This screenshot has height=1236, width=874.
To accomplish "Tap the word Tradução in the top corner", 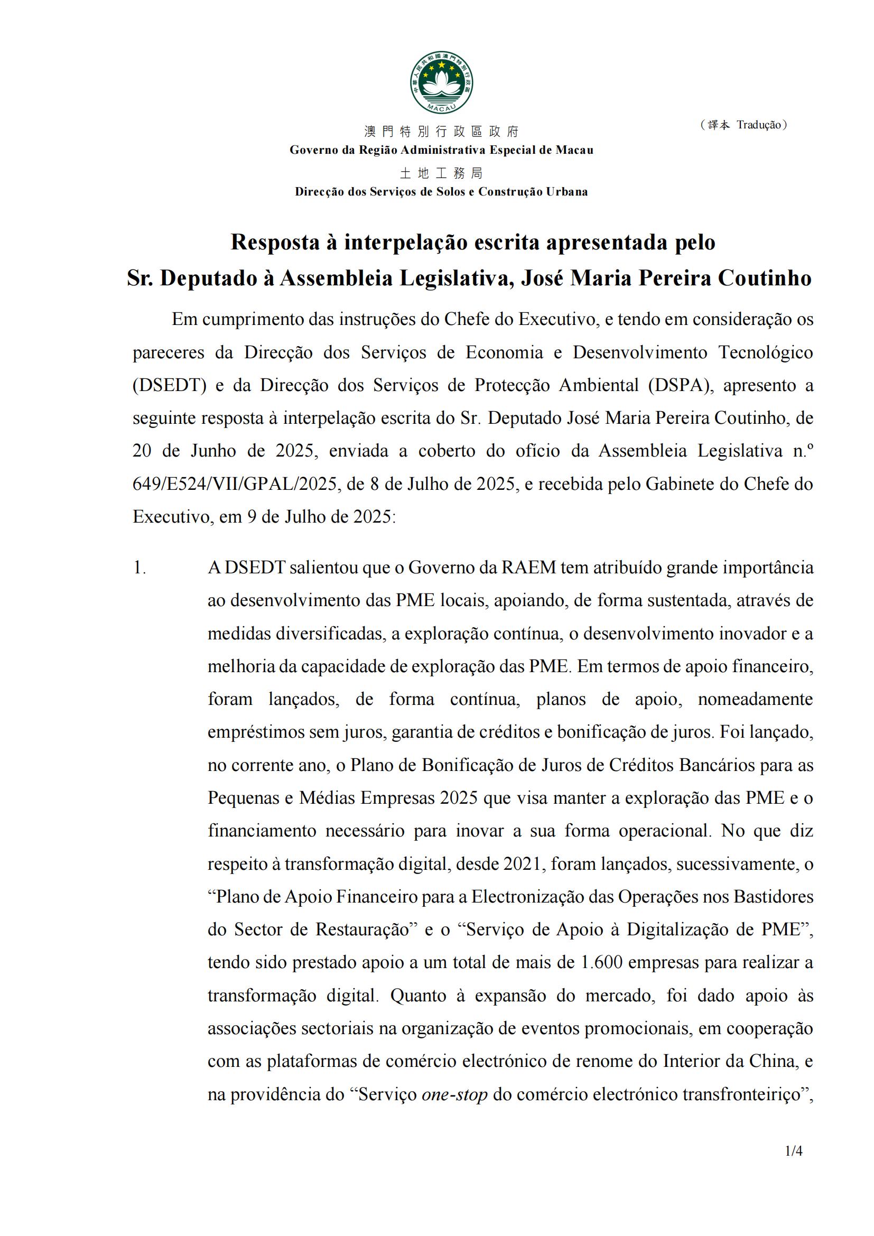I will tap(758, 125).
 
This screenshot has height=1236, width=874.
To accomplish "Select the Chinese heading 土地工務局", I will tap(441, 173).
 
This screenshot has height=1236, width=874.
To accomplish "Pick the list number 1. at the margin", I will tap(140, 568).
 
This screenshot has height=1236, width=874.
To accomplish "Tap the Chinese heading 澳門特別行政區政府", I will tap(441, 132).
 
